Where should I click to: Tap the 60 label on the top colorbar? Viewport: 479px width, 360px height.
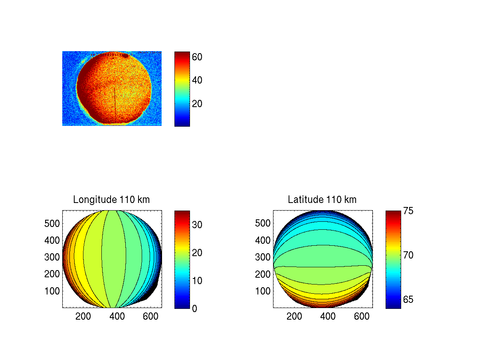coord(197,57)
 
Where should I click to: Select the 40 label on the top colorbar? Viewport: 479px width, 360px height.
coord(197,80)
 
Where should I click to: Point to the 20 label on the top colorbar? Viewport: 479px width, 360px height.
coord(197,104)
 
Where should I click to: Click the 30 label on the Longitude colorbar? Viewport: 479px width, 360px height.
coord(197,225)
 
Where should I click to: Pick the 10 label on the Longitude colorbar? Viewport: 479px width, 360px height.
coord(197,280)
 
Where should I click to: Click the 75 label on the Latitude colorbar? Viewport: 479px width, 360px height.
coord(408,211)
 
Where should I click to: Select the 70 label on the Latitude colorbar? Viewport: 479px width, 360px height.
coord(408,255)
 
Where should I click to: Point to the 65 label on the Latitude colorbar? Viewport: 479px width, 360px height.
coord(408,300)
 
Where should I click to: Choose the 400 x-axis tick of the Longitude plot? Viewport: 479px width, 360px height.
coord(117,317)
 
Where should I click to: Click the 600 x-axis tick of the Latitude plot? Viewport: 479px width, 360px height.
coord(362,317)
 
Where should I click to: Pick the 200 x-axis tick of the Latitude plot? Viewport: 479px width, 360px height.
coord(294,317)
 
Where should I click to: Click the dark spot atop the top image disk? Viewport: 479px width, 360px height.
coord(125,56)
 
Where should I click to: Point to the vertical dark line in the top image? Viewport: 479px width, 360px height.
coord(115,104)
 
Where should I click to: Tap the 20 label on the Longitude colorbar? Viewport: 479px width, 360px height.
coord(197,253)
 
